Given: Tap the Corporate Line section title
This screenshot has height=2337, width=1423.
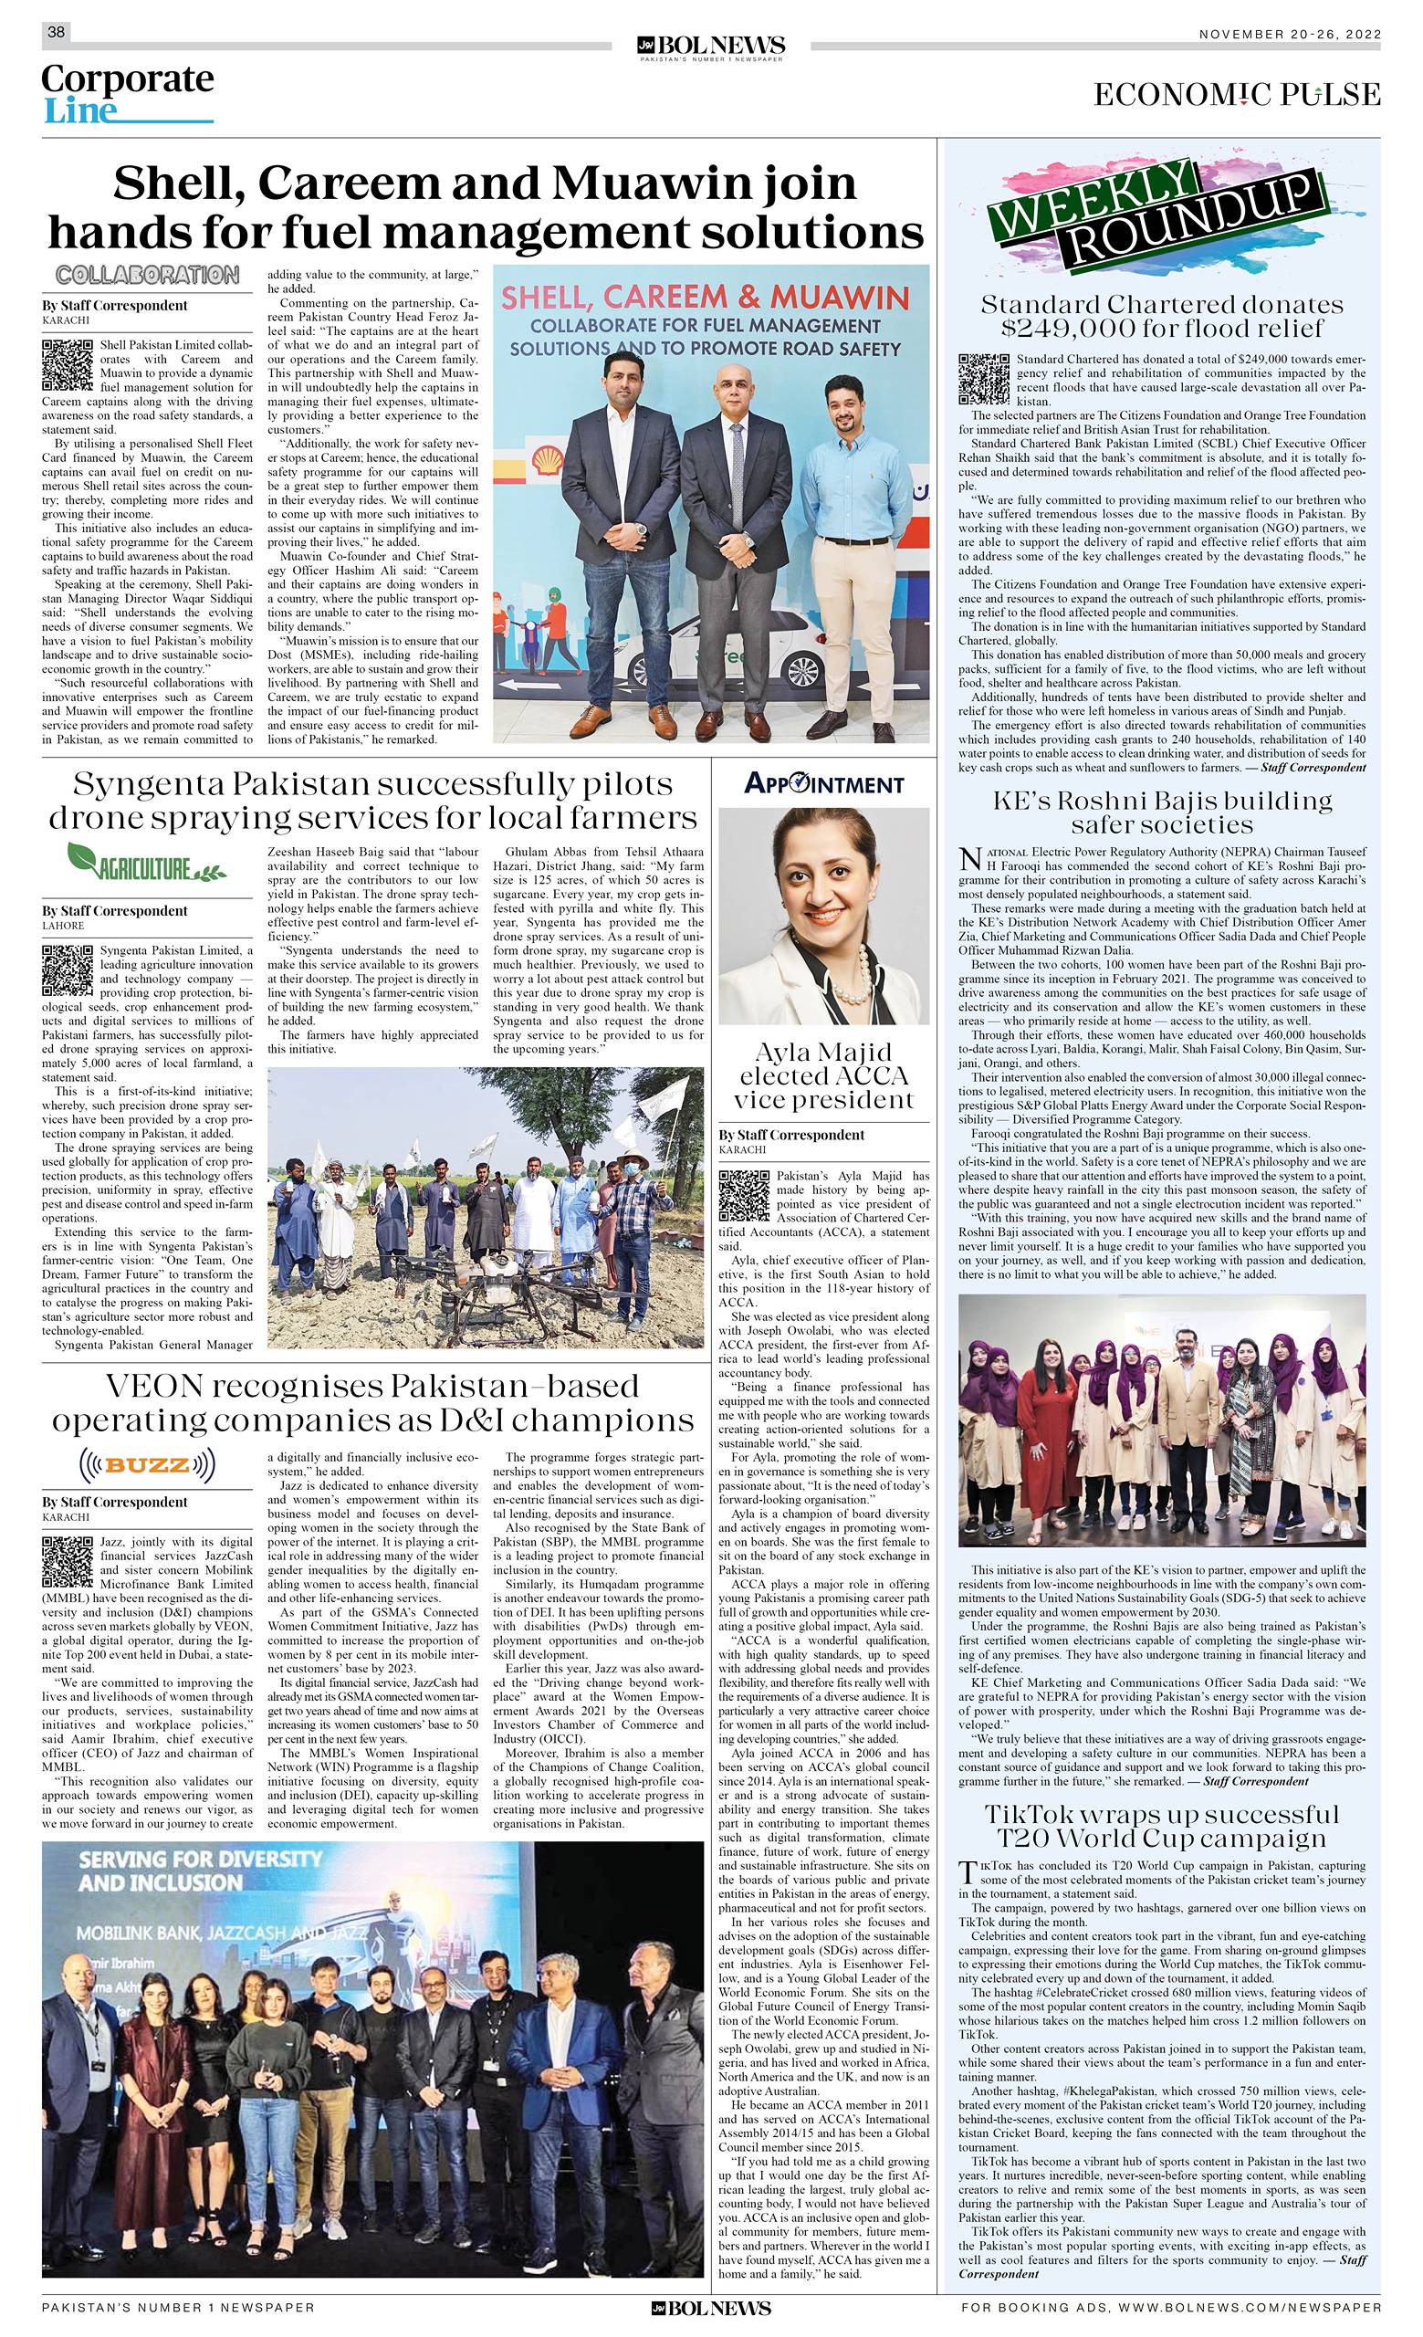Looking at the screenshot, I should (x=127, y=94).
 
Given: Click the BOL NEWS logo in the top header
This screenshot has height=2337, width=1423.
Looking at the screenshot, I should (x=711, y=47).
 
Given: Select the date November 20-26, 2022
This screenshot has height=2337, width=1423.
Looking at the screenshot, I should (x=1289, y=34).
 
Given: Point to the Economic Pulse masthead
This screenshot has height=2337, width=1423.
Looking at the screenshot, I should (x=1236, y=95).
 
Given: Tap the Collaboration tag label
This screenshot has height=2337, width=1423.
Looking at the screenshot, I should (x=146, y=275).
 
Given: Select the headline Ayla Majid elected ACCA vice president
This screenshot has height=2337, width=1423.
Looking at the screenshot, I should (x=824, y=1076).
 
